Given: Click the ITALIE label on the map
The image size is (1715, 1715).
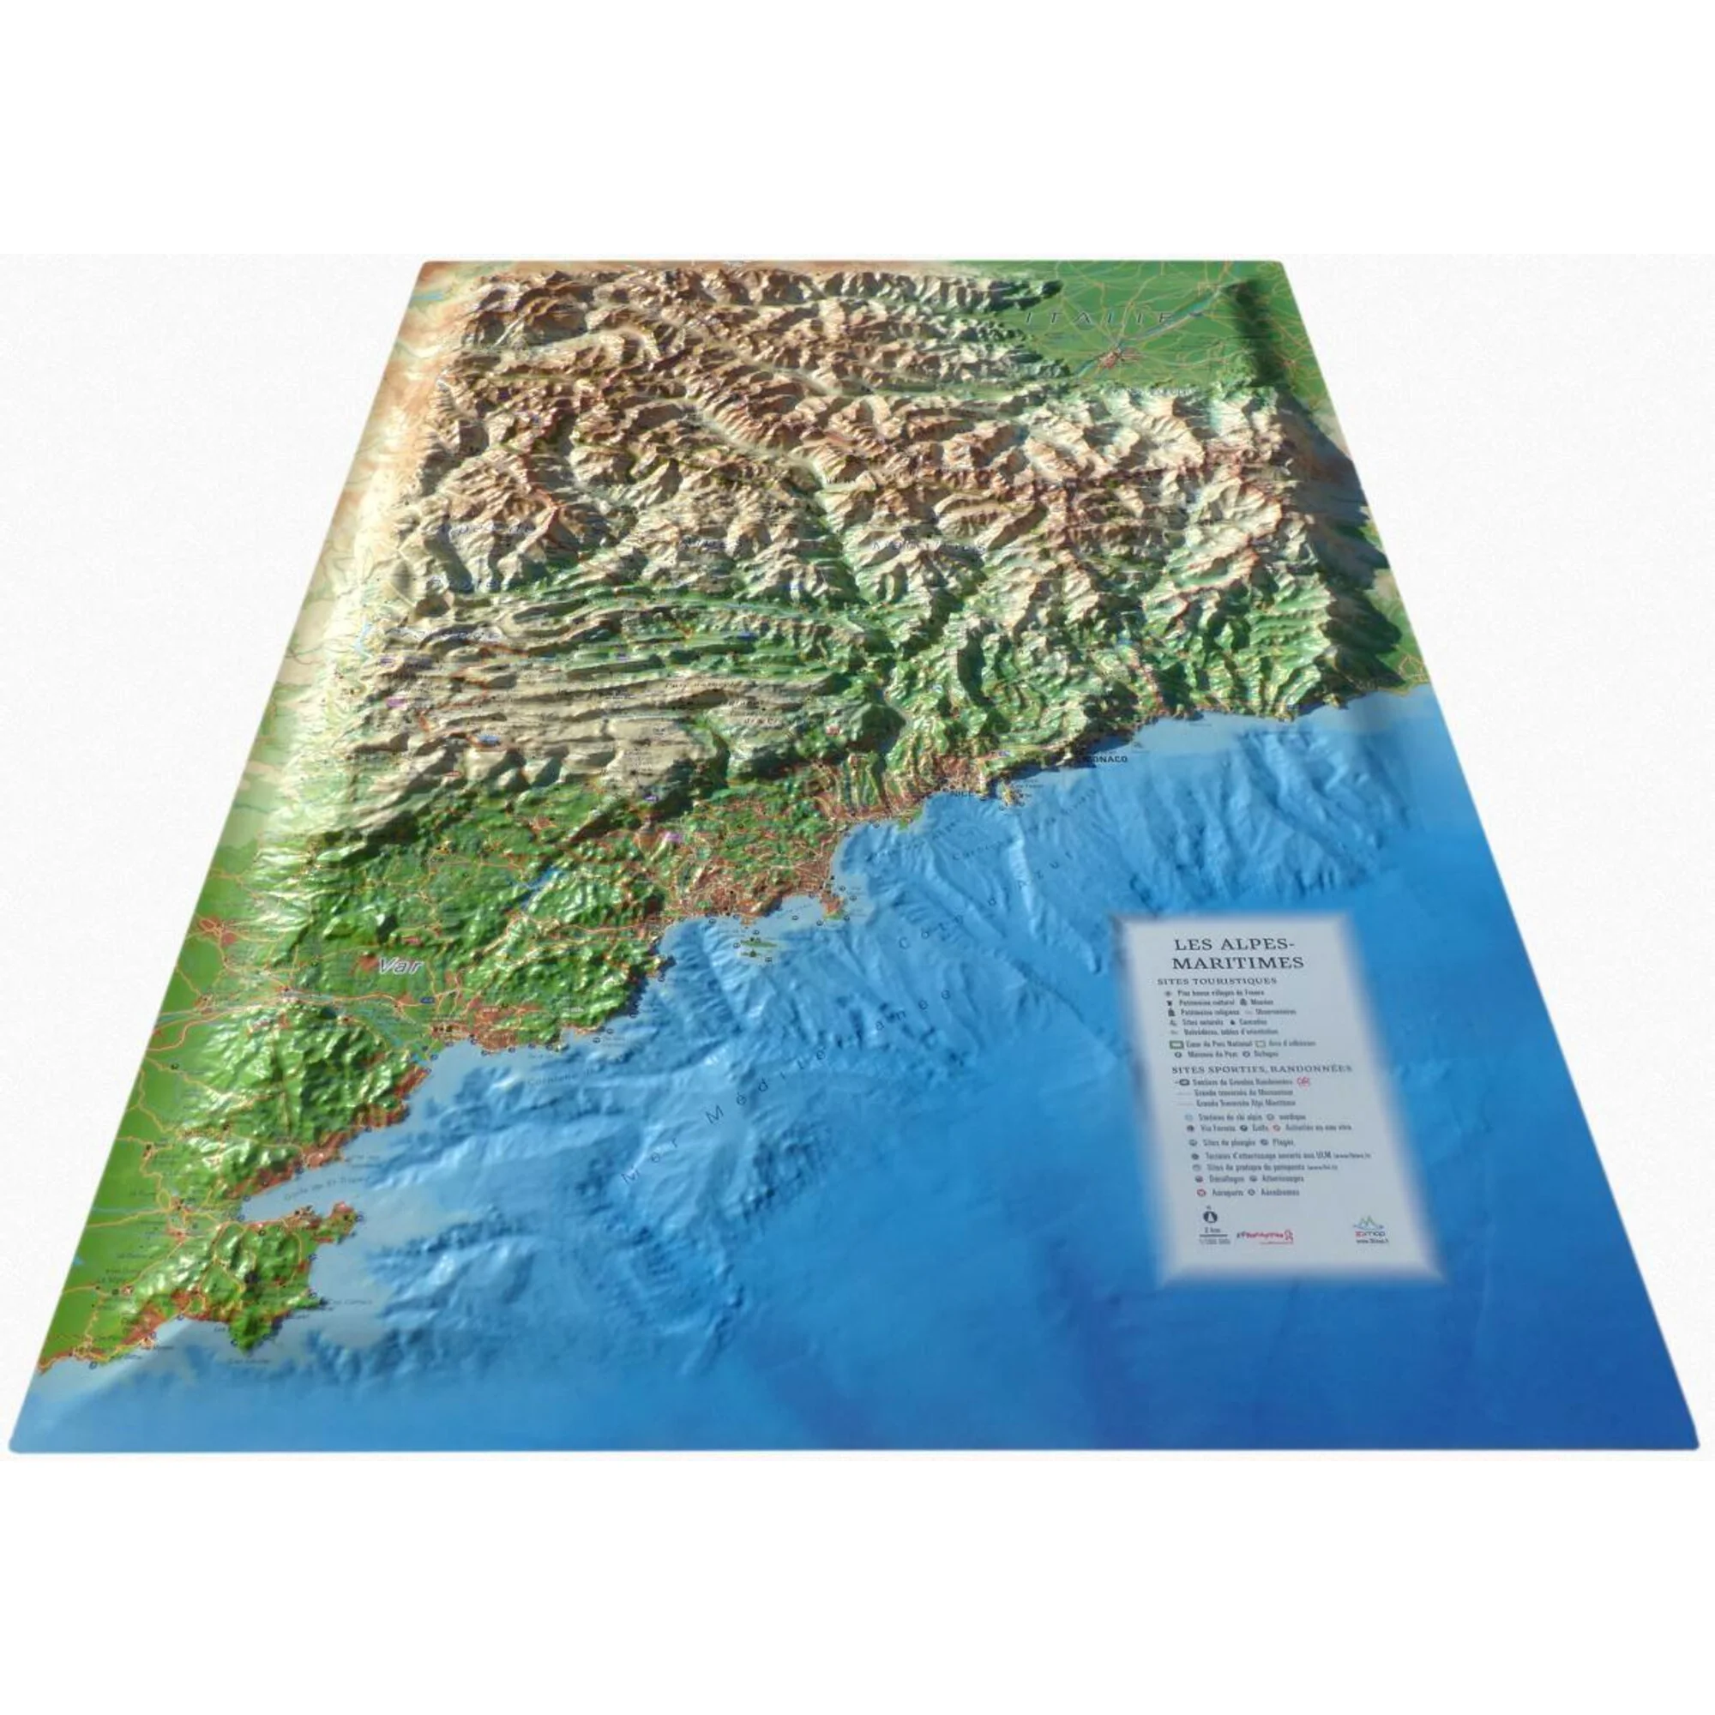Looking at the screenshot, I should [x=1098, y=317].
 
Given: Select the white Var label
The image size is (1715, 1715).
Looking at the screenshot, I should [x=397, y=966].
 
